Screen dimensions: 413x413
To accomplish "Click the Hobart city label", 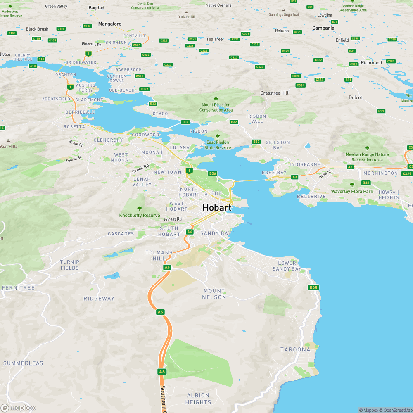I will tap(216, 207).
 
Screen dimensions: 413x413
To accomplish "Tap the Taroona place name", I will tap(295, 349).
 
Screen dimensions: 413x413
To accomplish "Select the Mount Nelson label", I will tap(214, 294).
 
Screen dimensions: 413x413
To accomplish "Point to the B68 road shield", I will tap(313, 287).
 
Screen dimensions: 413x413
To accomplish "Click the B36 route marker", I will tap(213, 173).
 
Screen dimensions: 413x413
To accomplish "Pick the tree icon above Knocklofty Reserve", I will tap(139, 209).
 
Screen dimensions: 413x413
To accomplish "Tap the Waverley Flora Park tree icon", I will tap(352, 185).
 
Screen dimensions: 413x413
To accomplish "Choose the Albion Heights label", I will tap(198, 399).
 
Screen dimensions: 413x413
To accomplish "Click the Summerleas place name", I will tap(23, 363).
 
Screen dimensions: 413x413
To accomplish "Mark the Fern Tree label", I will tap(19, 287).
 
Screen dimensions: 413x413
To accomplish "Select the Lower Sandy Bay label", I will tap(287, 266).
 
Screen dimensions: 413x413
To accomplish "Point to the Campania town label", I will tap(323, 28).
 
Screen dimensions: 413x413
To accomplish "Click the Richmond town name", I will tap(371, 63).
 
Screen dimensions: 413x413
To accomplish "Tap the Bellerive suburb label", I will tap(311, 196).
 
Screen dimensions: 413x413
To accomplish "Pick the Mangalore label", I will tap(109, 24).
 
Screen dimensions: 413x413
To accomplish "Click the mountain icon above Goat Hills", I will tap(8, 140).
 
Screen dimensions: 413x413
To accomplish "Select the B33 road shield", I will tap(366, 183).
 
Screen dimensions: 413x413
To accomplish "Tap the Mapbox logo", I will tap(18, 408).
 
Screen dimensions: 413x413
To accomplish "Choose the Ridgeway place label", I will tap(99, 298).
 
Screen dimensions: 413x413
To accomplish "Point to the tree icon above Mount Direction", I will tap(216, 99).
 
